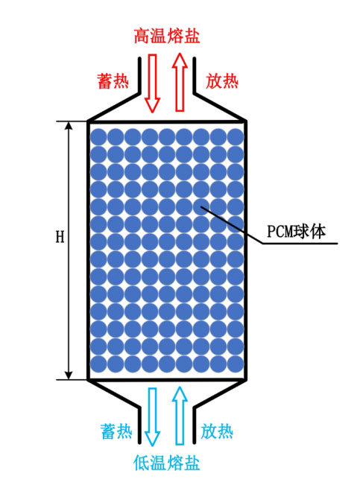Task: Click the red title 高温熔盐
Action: [x=167, y=36]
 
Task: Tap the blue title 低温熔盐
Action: [x=167, y=463]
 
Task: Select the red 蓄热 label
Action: [x=113, y=81]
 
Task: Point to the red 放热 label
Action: [x=221, y=81]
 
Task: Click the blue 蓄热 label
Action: [x=116, y=431]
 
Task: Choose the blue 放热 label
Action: [x=217, y=431]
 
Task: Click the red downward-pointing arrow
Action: [x=152, y=83]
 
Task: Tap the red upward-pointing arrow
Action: [x=180, y=82]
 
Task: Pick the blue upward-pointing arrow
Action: [x=180, y=416]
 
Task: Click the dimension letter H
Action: [x=60, y=237]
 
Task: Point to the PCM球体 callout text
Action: [x=296, y=231]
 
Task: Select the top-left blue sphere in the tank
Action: [x=98, y=136]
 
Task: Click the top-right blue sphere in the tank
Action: [x=236, y=136]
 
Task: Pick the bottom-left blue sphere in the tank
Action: [x=98, y=364]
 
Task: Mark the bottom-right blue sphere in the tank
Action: [x=236, y=364]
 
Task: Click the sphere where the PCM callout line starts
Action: [x=201, y=206]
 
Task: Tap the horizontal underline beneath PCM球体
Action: [x=300, y=243]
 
